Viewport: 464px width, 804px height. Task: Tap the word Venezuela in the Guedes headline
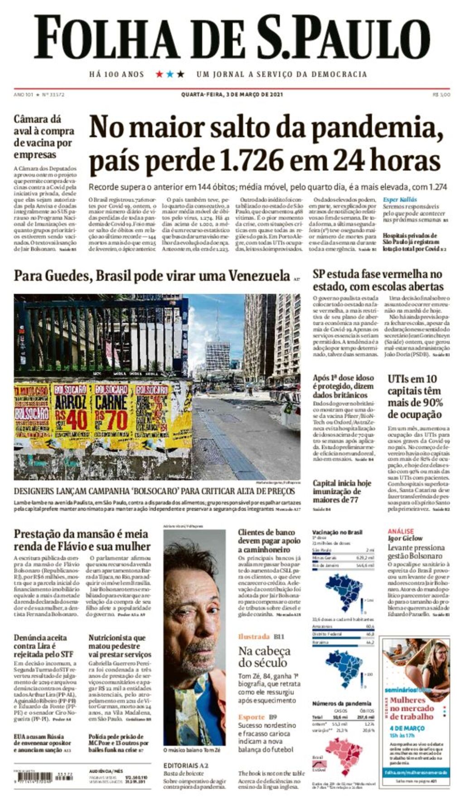(x=259, y=276)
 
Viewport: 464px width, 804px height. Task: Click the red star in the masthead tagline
(x=159, y=74)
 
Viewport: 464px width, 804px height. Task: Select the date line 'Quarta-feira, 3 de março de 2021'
(x=232, y=94)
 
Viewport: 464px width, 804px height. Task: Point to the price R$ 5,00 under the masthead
(x=441, y=94)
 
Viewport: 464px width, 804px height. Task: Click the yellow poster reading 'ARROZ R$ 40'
(x=71, y=415)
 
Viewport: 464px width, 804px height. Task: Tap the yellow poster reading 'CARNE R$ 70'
(x=111, y=415)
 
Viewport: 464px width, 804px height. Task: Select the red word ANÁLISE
(x=401, y=531)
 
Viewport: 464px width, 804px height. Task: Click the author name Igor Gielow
(x=405, y=539)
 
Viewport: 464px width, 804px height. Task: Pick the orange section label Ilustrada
(x=254, y=637)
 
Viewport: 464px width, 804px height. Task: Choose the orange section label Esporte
(x=251, y=717)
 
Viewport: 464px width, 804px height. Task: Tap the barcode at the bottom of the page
(x=33, y=776)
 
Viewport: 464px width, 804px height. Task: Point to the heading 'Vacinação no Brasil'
(x=337, y=532)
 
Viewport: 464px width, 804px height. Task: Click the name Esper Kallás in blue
(x=400, y=200)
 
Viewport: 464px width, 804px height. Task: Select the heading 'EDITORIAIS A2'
(x=186, y=765)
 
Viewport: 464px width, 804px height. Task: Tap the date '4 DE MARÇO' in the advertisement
(x=407, y=728)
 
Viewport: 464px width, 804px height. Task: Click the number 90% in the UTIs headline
(x=433, y=403)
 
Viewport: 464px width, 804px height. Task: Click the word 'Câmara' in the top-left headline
(x=31, y=119)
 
